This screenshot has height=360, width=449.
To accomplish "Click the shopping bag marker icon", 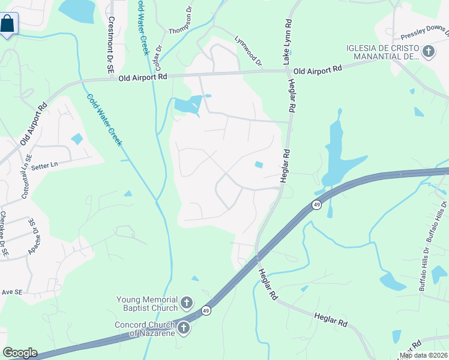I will (8, 24).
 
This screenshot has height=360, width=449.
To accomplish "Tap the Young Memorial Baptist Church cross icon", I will (187, 302).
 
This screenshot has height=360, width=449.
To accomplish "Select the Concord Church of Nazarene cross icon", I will (184, 328).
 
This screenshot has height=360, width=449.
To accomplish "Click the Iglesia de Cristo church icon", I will (428, 52).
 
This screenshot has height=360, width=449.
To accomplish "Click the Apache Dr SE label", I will (31, 237).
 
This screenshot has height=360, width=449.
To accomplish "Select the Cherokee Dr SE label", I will (4, 234).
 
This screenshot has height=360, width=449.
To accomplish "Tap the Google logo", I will (20, 353).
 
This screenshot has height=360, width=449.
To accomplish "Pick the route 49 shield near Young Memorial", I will (206, 310).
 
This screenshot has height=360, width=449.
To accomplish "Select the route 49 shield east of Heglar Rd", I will (316, 205).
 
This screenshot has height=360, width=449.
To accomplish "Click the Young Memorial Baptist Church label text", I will (147, 304).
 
